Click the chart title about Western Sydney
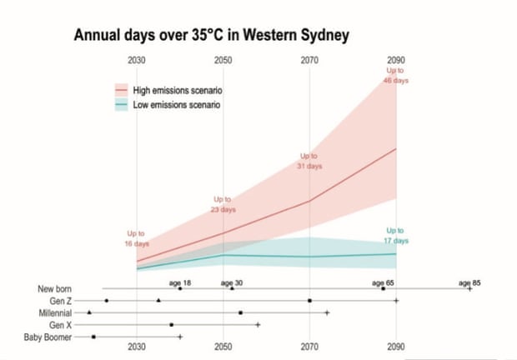click(211, 36)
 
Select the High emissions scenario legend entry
click(174, 89)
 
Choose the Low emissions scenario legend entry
click(173, 105)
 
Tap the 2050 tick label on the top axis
click(223, 61)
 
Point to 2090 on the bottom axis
click(397, 347)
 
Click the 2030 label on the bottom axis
click(137, 347)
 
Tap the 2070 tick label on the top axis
click(309, 61)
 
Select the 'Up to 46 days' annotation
click(396, 76)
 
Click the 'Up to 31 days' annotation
click(309, 161)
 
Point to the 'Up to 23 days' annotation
click(223, 205)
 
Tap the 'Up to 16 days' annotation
click(136, 238)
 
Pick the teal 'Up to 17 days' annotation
click(396, 235)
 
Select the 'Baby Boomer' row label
click(48, 337)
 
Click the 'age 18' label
click(181, 282)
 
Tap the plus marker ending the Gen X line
click(258, 324)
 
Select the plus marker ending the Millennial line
click(327, 312)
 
